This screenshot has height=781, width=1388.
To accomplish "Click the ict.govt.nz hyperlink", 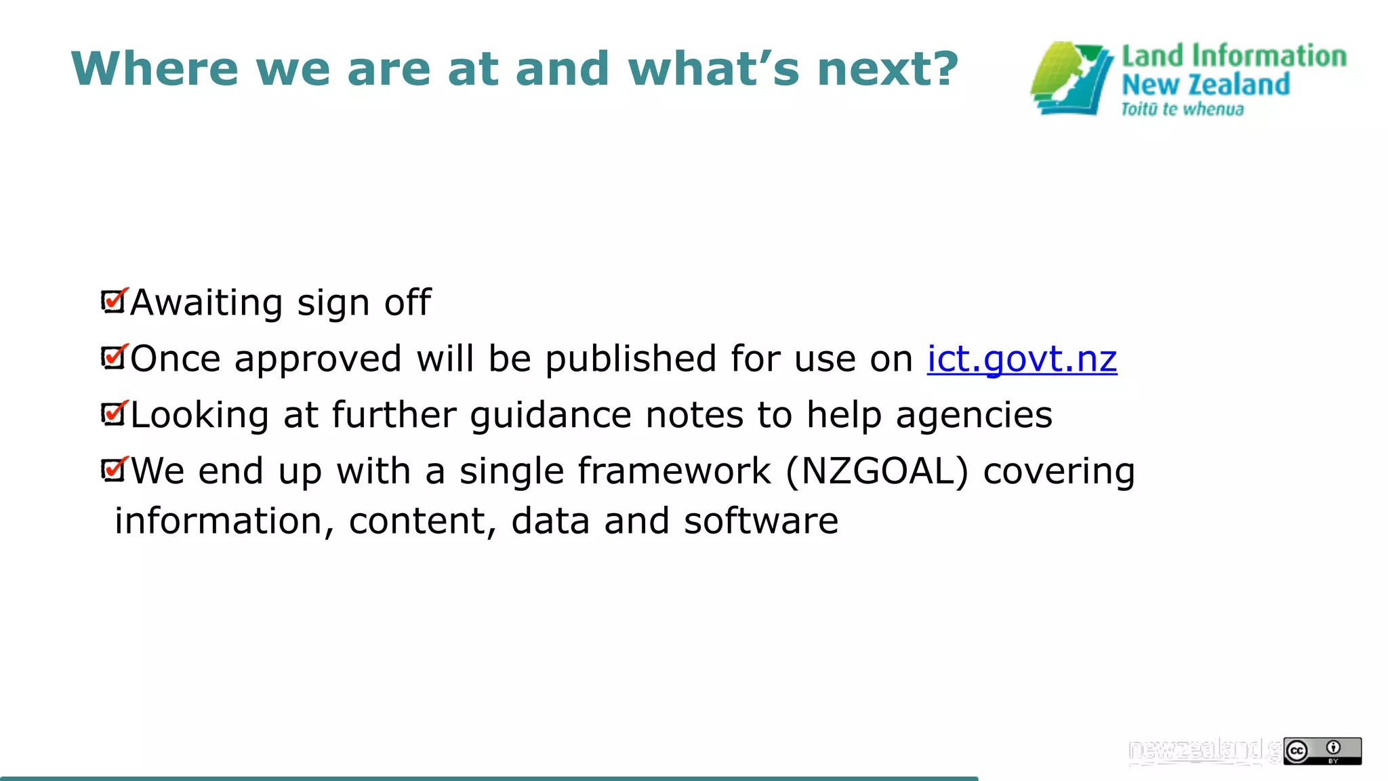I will [x=1021, y=359].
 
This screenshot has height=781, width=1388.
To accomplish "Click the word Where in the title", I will [x=155, y=68].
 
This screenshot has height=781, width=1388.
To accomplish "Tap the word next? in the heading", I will [x=888, y=68].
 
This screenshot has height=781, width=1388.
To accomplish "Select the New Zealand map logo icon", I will [x=1071, y=79].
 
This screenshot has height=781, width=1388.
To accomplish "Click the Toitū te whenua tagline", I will [x=1182, y=109].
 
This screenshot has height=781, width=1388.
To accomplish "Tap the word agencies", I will [x=974, y=415].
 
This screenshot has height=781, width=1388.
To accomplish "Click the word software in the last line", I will [x=760, y=521].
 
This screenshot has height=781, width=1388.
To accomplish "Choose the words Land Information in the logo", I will [x=1233, y=56].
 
